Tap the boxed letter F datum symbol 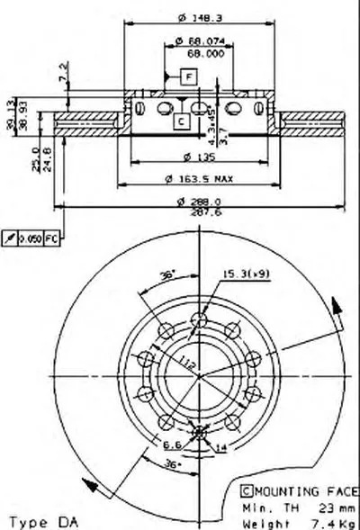coord(187,76)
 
